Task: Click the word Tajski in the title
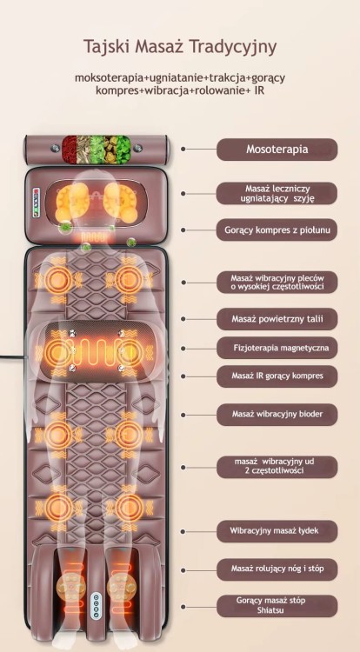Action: [x=106, y=47]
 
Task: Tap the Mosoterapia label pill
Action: [x=277, y=150]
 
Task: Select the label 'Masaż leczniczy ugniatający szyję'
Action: [x=277, y=193]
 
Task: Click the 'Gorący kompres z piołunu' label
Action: [x=277, y=230]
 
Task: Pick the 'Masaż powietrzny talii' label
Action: [x=277, y=319]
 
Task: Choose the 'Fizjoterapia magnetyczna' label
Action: [x=277, y=348]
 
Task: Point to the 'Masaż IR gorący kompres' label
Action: [x=277, y=376]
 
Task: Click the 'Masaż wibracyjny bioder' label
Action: [x=277, y=414]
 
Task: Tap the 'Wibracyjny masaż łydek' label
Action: [x=277, y=531]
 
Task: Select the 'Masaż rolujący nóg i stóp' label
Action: [x=277, y=569]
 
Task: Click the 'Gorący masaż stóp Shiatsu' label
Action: [x=277, y=606]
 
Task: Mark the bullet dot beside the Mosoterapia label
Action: [x=183, y=149]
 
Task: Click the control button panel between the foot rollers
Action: [x=96, y=604]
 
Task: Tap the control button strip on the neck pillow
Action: [x=37, y=203]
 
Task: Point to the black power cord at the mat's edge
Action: [x=12, y=356]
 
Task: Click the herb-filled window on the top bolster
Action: [x=97, y=149]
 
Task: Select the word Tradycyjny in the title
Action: [x=233, y=48]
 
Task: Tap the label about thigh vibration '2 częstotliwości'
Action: [x=277, y=467]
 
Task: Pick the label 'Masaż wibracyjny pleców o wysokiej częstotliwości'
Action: [x=277, y=283]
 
